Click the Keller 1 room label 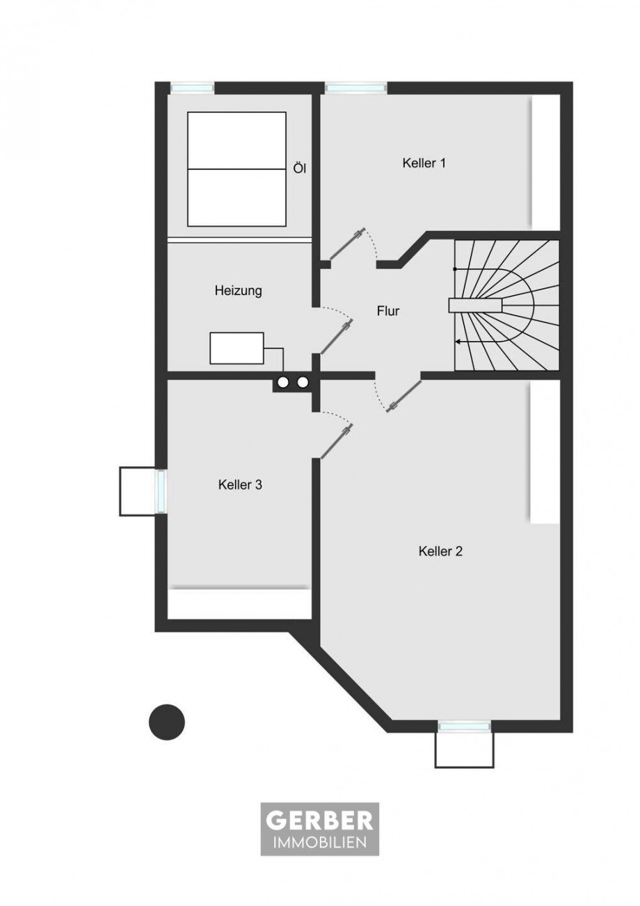424,164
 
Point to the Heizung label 238,291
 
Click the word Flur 388,311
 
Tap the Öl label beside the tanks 299,168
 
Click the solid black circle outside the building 166,722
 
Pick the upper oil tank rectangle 237,141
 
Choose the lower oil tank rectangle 237,198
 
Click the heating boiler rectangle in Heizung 237,348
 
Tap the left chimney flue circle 282,381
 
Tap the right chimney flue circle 303,381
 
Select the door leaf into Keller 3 336,441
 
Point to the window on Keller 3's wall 161,491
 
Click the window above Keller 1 355,87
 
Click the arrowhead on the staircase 458,342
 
